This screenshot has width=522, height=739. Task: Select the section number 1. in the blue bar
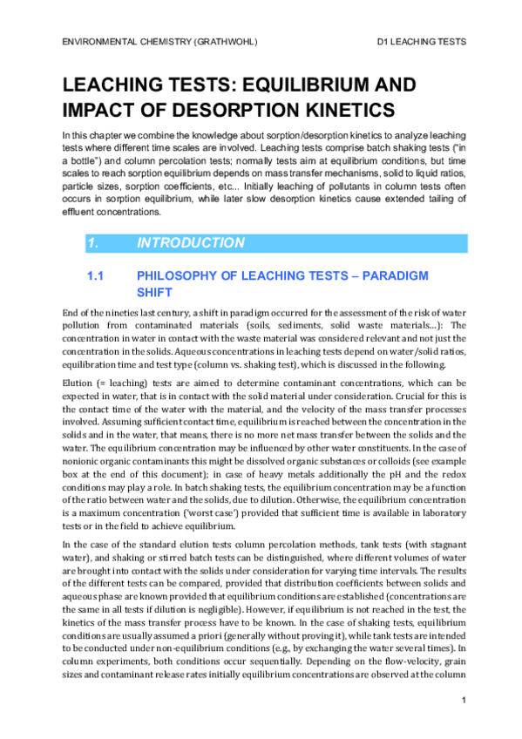click(x=92, y=243)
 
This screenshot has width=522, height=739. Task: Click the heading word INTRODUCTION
click(x=191, y=243)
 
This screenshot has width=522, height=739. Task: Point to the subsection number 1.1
click(x=96, y=276)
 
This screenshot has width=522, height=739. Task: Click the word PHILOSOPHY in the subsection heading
click(x=177, y=276)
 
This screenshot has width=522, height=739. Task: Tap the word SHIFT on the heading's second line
click(x=156, y=293)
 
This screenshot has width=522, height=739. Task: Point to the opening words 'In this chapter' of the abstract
click(x=91, y=136)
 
